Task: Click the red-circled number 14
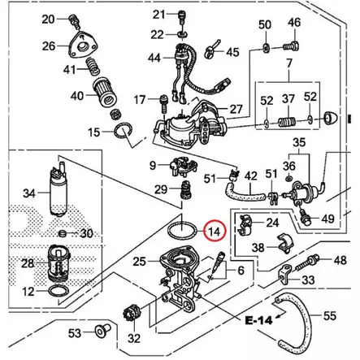point(214,231)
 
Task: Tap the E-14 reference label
point(256,319)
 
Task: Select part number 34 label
point(29,193)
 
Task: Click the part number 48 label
point(339,261)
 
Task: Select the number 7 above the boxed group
point(288,63)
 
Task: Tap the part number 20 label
point(48,19)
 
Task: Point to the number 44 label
point(154,58)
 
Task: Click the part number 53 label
point(74,333)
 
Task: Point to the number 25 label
point(140,261)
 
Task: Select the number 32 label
point(134,337)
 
